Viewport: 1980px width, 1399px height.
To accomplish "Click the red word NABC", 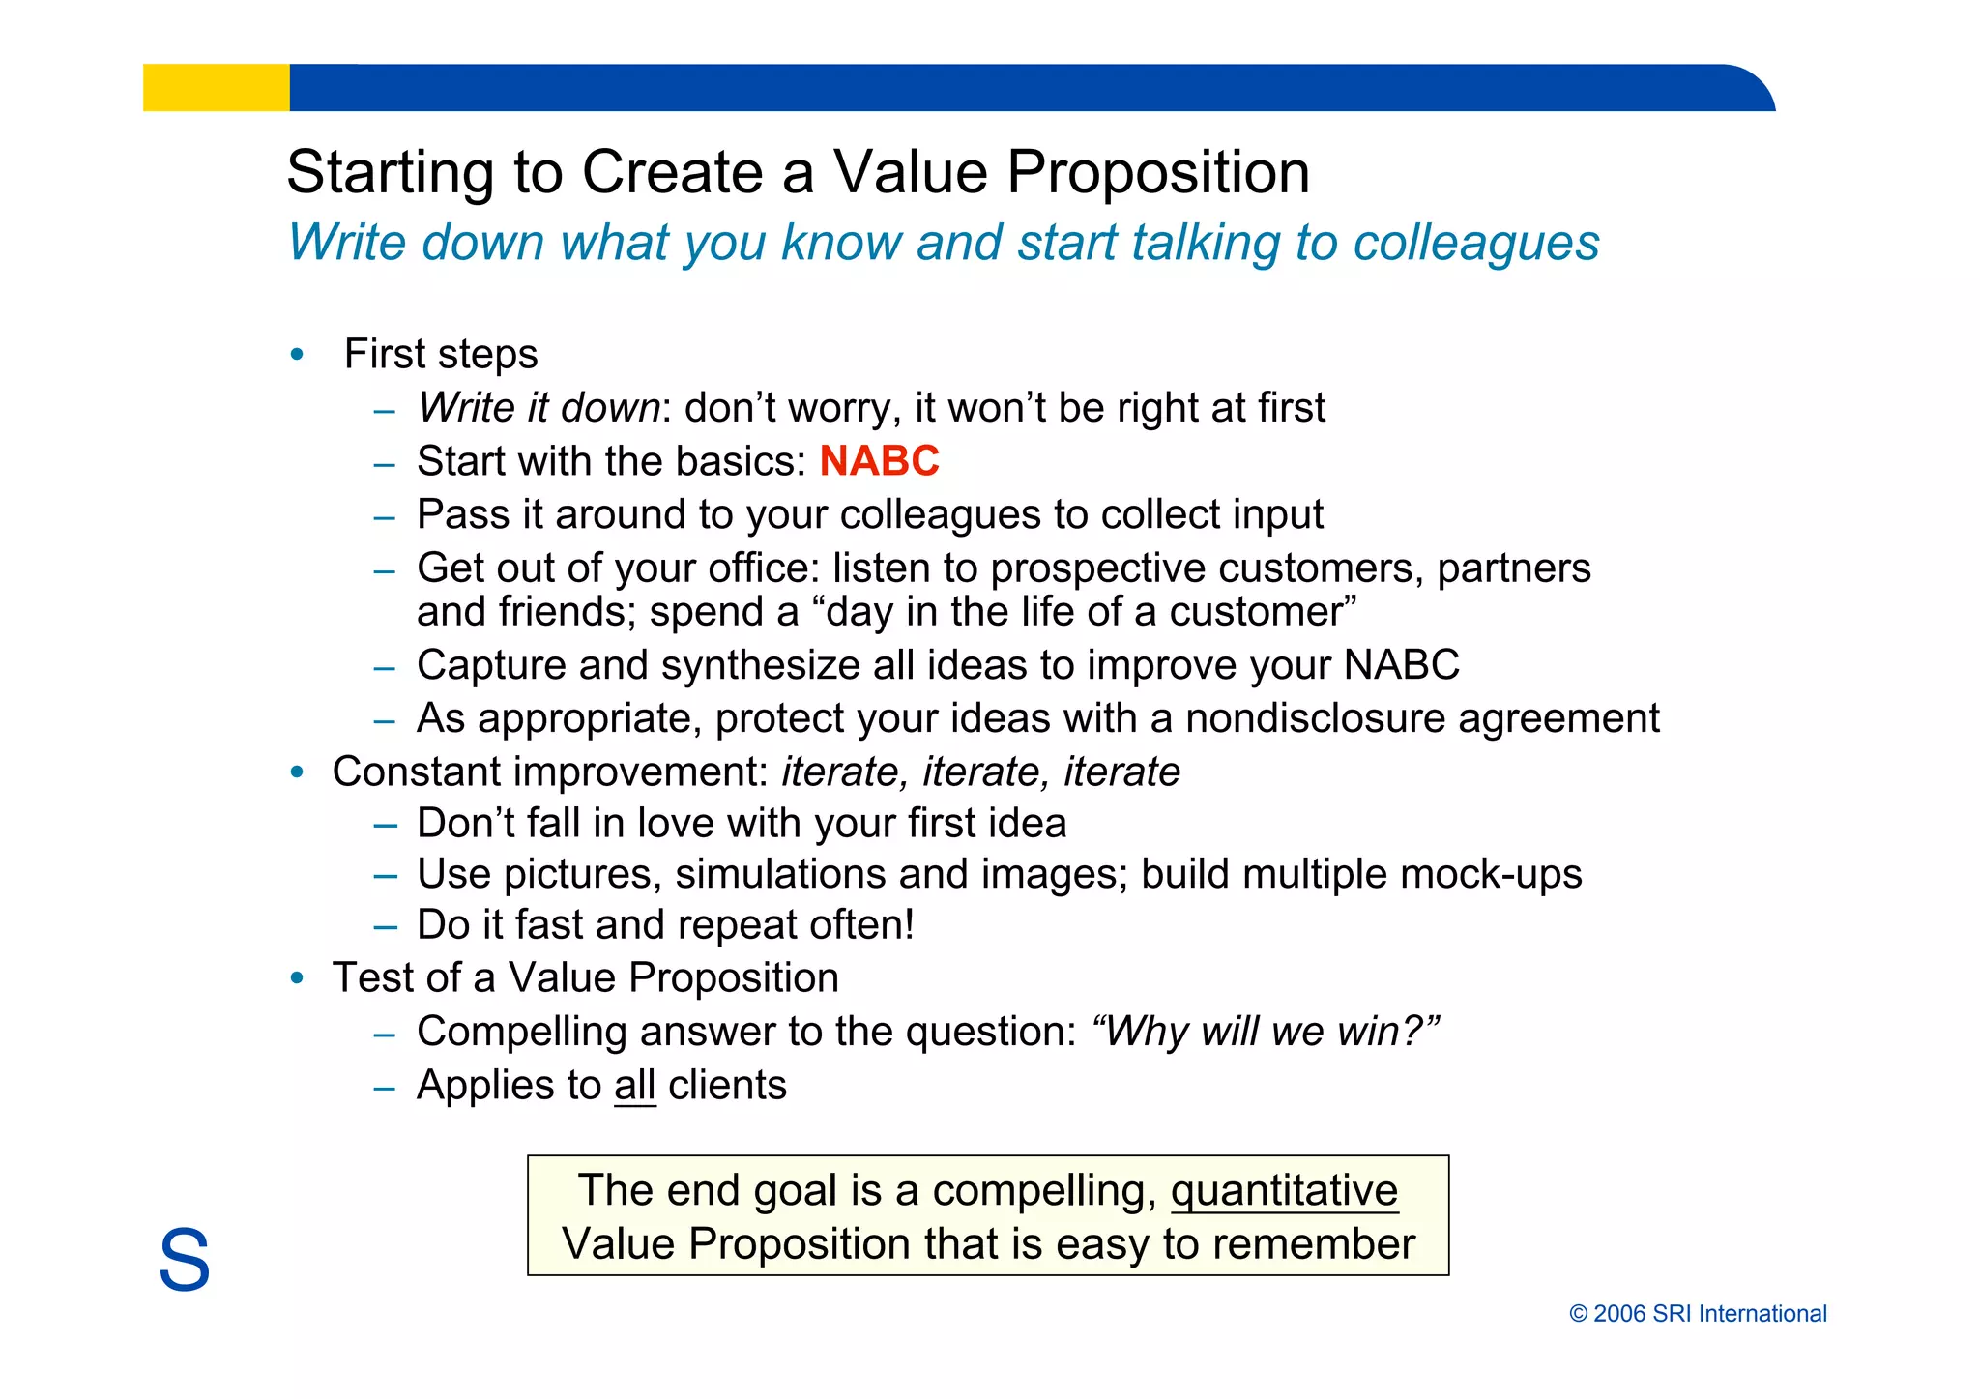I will point(879,461).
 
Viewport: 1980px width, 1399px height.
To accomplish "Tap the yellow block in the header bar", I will point(216,88).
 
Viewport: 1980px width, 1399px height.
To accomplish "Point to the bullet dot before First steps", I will point(297,355).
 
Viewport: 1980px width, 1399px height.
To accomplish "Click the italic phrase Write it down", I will point(539,408).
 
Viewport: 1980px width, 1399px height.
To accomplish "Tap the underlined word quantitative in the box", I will point(1284,1191).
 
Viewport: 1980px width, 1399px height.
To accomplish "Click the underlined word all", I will point(634,1086).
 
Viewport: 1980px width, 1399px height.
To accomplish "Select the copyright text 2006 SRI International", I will point(1698,1314).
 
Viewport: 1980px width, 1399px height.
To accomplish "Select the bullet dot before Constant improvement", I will point(297,772).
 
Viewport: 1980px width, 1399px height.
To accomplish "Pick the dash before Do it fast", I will point(385,926).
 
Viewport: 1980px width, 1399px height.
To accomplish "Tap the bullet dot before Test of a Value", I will point(297,978).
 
